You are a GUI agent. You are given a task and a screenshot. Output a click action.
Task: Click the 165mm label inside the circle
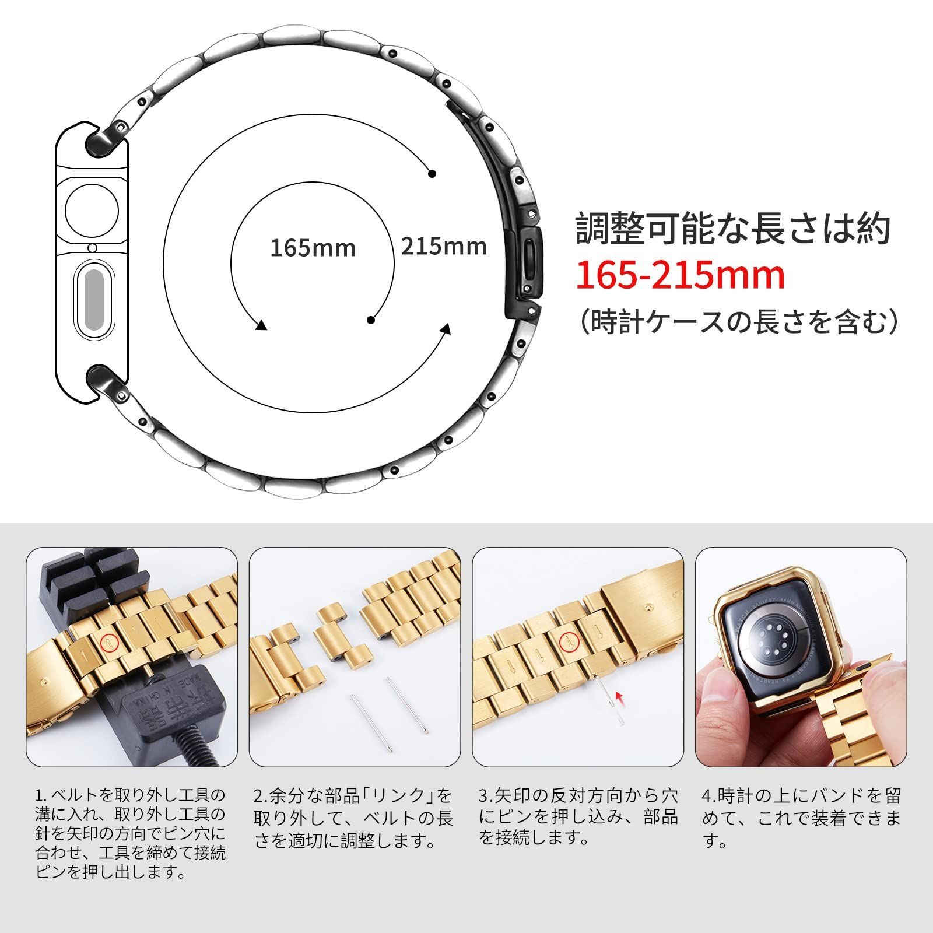point(313,248)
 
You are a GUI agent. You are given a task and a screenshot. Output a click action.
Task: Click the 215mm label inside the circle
point(443,245)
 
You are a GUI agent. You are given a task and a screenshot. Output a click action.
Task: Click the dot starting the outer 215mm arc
point(432,174)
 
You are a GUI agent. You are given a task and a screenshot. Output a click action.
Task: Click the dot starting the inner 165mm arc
point(371,320)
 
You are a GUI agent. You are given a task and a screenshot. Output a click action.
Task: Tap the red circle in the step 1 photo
point(108,643)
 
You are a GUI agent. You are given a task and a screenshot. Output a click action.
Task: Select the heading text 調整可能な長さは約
point(732,229)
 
